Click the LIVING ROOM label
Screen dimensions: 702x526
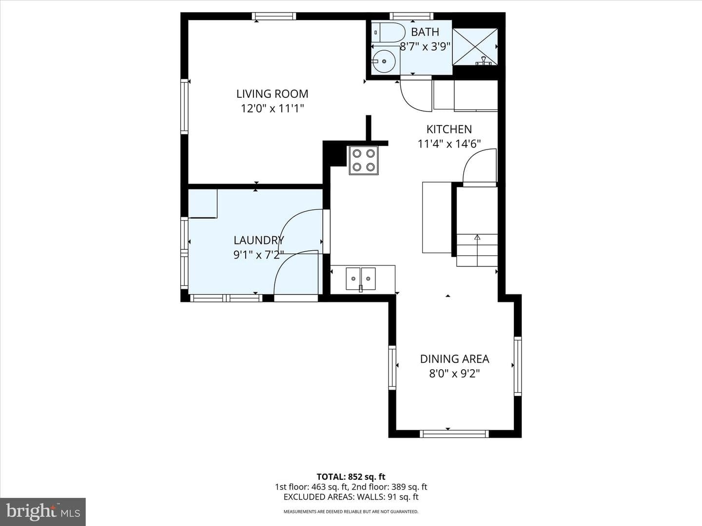pos(272,94)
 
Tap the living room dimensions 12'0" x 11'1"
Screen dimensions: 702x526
pos(272,109)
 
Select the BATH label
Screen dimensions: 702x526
pos(425,32)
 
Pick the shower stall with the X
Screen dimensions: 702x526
pos(475,47)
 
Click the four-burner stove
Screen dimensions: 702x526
pos(364,160)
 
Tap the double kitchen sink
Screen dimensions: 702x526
pos(361,279)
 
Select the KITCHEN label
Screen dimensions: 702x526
pos(449,130)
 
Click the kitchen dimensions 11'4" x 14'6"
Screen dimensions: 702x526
pos(449,144)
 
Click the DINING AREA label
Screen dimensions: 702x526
pos(454,359)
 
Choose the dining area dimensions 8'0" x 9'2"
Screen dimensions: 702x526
pos(454,374)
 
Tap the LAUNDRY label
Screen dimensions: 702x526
pos(259,240)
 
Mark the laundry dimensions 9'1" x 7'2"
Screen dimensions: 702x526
pos(259,255)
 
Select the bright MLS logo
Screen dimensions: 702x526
pos(43,512)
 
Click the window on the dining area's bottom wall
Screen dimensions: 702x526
pos(454,433)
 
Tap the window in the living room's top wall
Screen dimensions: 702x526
pos(274,16)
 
